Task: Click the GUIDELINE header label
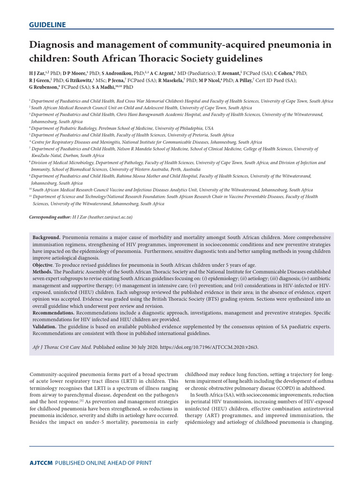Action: tap(47, 25)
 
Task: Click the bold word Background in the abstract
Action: tap(45, 238)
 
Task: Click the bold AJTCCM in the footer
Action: tap(41, 463)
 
